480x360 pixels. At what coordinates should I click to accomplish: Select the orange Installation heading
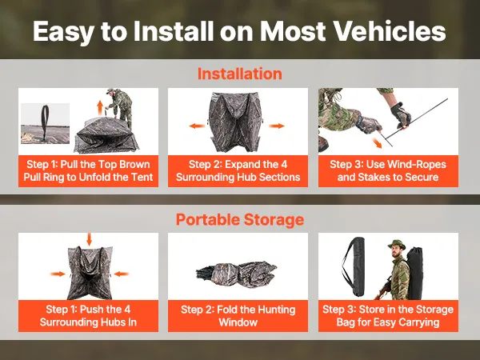(x=240, y=74)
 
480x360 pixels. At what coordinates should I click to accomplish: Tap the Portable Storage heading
(x=240, y=219)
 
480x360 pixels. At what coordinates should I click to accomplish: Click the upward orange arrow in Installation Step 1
(x=100, y=107)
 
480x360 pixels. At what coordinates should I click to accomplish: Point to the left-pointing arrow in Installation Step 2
(x=197, y=126)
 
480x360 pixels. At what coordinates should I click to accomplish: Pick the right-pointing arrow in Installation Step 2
(x=277, y=126)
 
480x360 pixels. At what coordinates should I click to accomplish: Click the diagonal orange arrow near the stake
(x=377, y=142)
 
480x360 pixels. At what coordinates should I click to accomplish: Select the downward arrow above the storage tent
(x=89, y=239)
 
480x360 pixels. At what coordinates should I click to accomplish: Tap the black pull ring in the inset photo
(x=46, y=122)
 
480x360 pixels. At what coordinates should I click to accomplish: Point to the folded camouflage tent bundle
(x=236, y=273)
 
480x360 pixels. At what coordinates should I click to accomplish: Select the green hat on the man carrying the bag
(x=397, y=244)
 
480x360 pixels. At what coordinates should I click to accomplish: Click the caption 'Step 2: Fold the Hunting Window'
(x=238, y=316)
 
